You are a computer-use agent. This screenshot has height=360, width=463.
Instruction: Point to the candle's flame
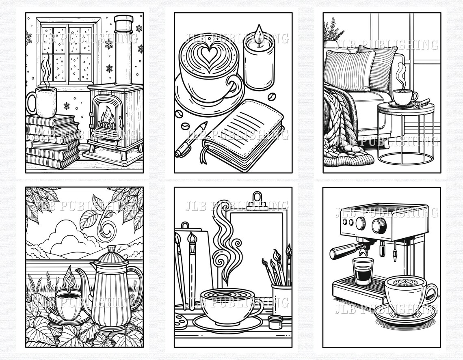coord(259,31)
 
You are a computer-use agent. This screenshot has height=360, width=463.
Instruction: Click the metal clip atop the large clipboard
coord(256,200)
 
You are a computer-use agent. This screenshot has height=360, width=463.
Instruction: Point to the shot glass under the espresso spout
coord(362,271)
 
